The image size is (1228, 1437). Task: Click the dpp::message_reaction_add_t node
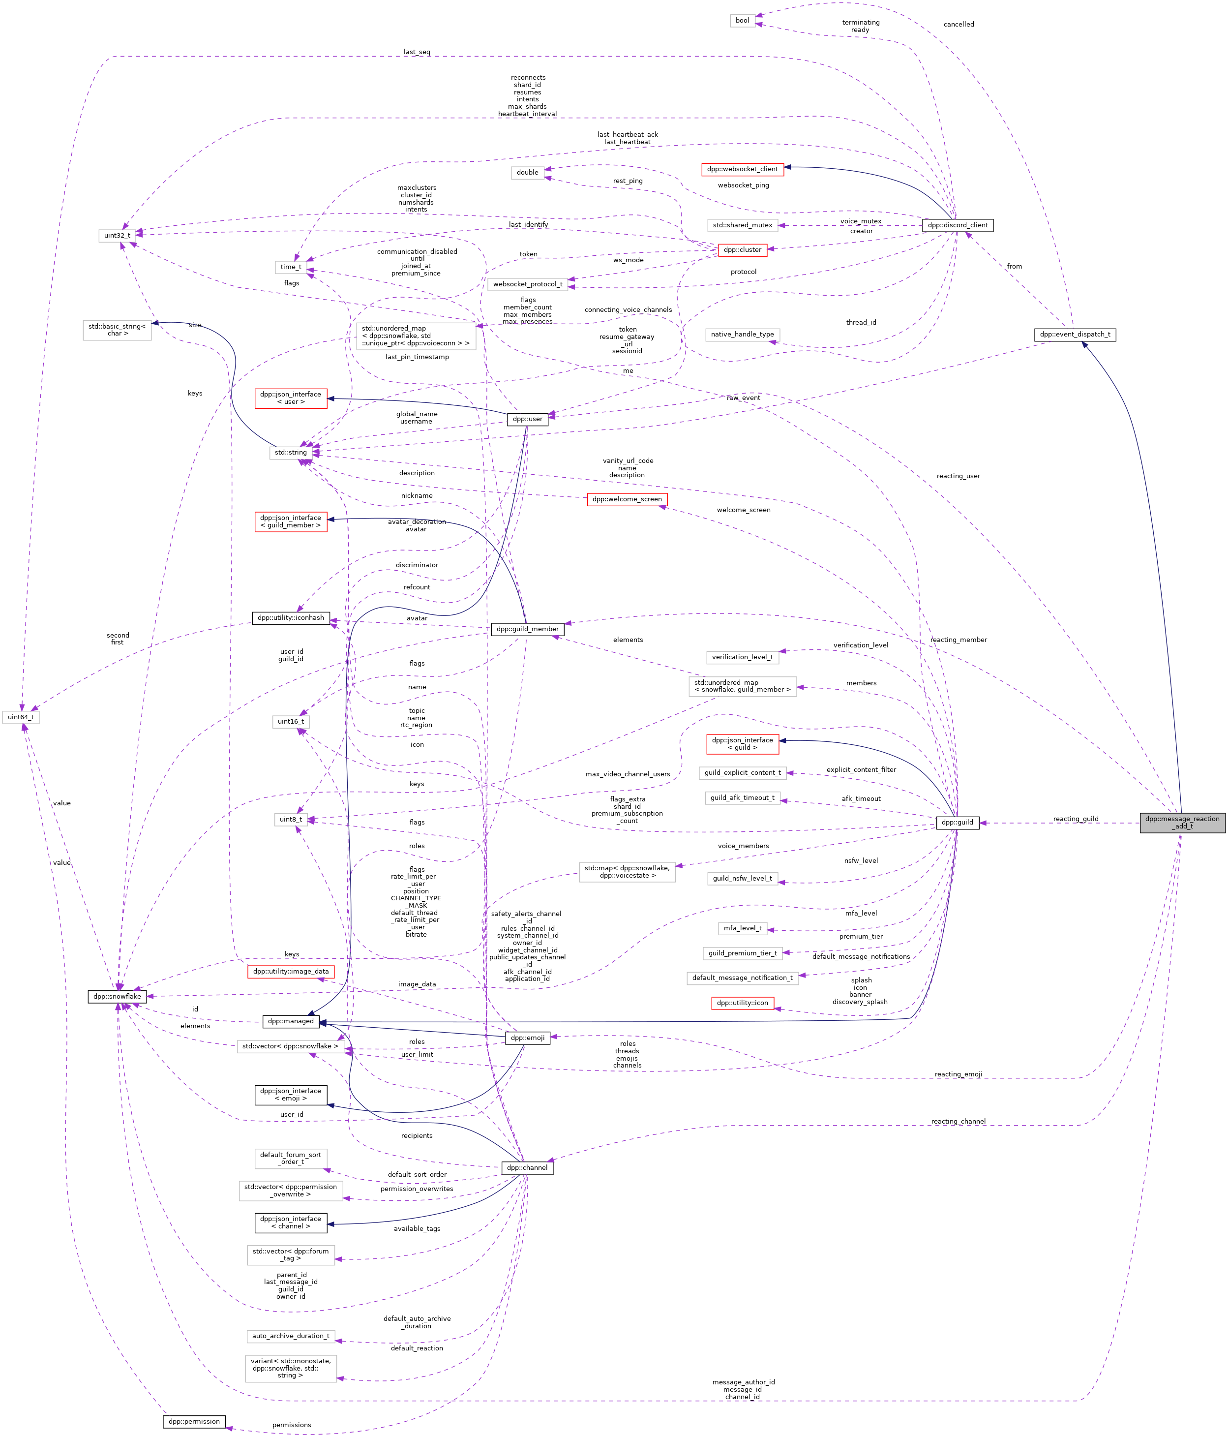coord(1182,823)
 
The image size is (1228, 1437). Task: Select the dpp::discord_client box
coord(957,225)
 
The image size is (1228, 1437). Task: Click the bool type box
coord(742,21)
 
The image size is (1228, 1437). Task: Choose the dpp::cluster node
coord(742,250)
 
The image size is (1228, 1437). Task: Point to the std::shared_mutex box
coord(742,225)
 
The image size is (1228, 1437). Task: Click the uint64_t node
coord(21,717)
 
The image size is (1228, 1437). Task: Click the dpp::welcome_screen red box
coord(627,499)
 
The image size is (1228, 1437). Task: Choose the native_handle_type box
coord(742,334)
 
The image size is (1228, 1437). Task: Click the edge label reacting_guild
coord(1076,819)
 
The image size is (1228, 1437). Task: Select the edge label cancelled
coord(958,24)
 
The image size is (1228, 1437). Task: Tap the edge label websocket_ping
coord(743,185)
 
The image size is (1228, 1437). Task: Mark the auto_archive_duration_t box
coord(291,1336)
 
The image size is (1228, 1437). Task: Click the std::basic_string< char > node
coord(117,330)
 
